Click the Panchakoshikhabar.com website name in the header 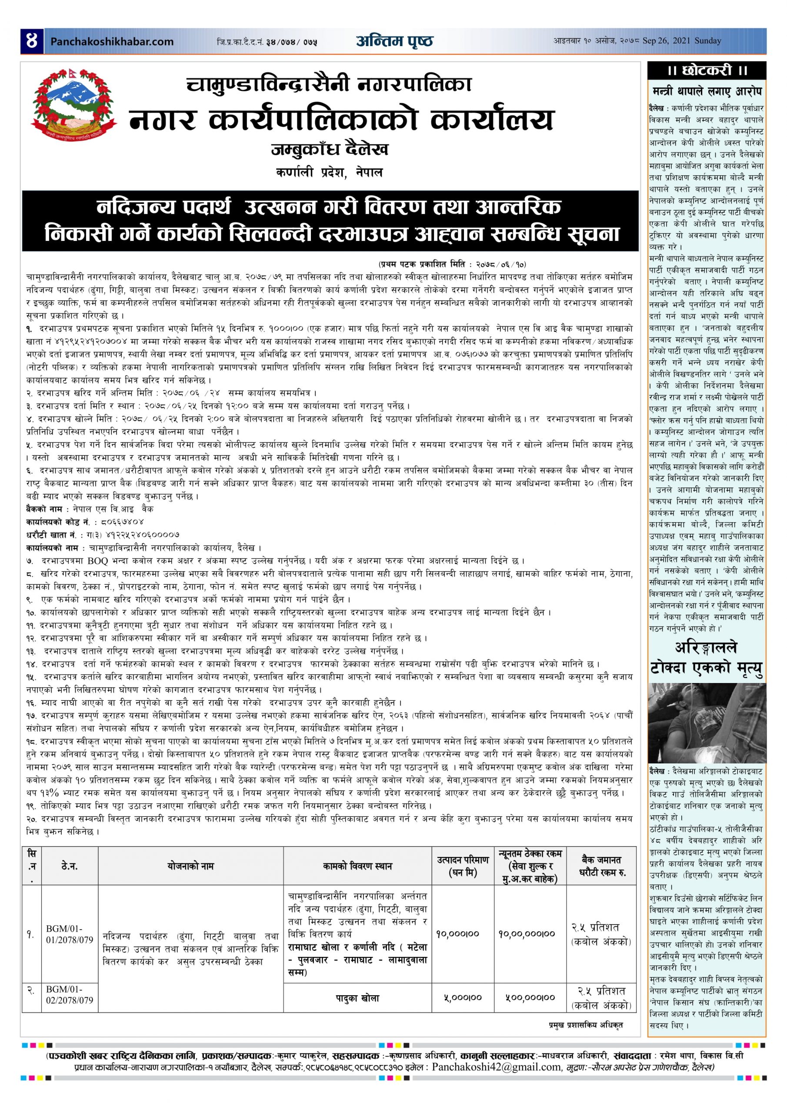[112, 42]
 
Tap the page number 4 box [33, 41]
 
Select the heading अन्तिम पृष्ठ [394, 41]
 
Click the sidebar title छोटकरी [707, 70]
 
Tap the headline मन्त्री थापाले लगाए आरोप [707, 91]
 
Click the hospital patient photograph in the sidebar [707, 723]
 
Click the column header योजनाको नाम [190, 866]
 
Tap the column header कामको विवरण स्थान [357, 866]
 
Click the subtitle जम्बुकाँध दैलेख [330, 150]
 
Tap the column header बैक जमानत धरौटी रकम [601, 866]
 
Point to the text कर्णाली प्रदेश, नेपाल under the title [329, 173]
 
